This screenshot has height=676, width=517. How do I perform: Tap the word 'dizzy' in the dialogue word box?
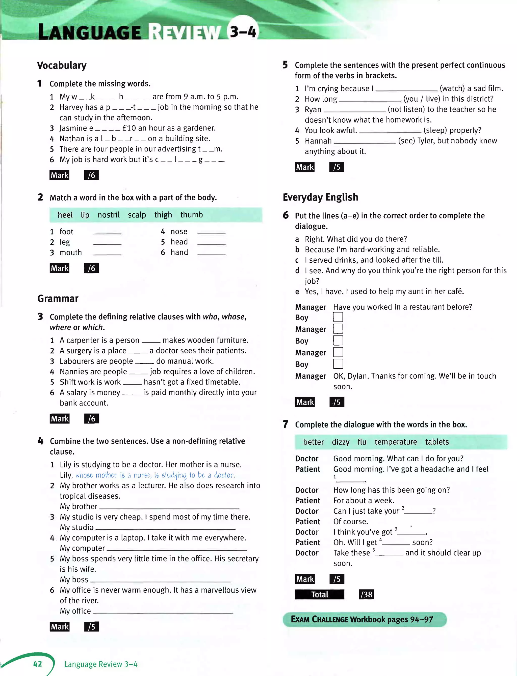coord(340,442)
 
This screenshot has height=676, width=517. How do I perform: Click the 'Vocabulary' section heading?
coord(62,65)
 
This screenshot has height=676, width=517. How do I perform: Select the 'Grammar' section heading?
coord(58,298)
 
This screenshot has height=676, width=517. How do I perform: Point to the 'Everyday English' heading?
coord(320,197)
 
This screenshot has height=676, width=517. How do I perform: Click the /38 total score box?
coord(366,594)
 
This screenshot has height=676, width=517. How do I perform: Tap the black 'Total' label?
coord(319,594)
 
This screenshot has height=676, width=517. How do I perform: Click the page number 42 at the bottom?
coord(38,664)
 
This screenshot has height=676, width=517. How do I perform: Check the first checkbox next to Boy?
coord(338,317)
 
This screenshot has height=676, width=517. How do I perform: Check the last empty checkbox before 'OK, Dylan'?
coord(338,364)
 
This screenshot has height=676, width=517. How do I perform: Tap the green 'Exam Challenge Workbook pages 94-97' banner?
coord(364,619)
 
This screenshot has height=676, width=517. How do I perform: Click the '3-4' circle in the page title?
coord(243,31)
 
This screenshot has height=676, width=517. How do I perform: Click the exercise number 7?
coord(286,424)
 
